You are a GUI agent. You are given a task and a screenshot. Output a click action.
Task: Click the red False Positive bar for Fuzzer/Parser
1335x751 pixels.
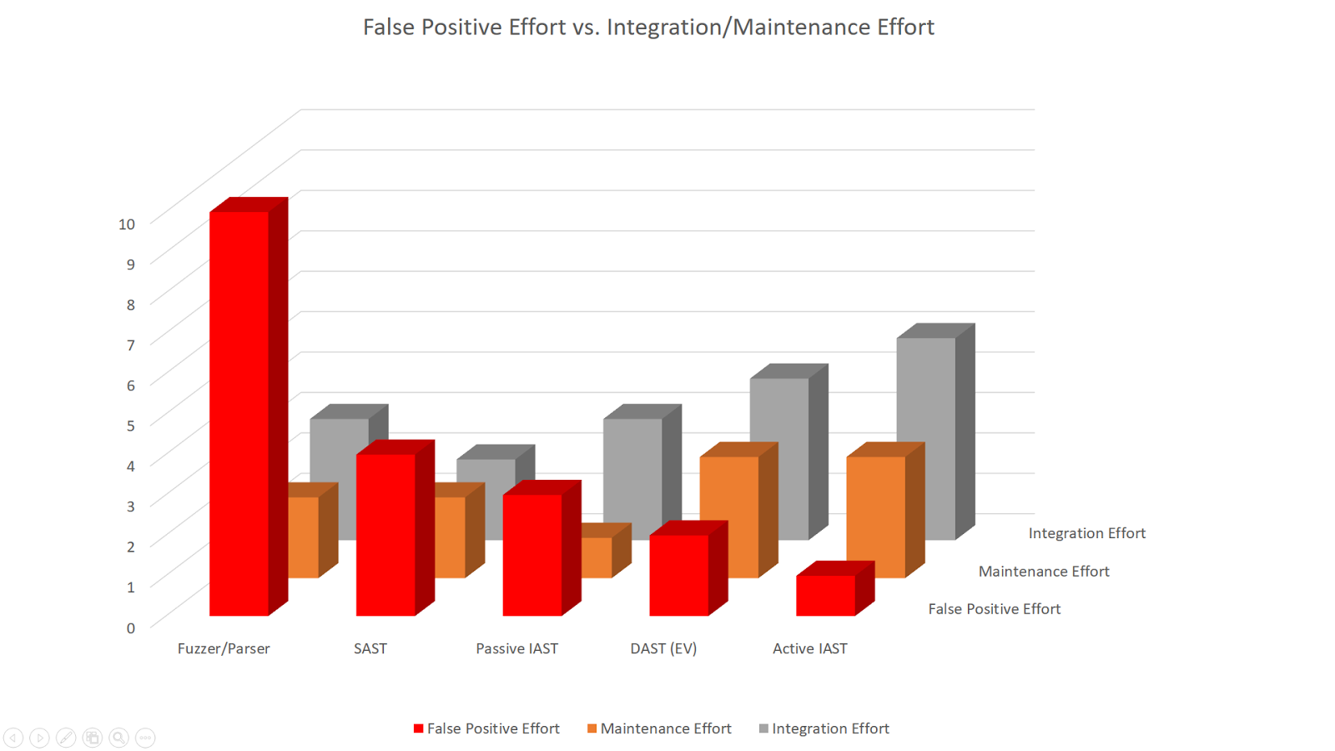click(x=239, y=413)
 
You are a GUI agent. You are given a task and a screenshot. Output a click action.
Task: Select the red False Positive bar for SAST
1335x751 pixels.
click(x=385, y=534)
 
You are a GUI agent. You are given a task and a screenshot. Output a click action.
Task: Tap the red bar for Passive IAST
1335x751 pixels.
click(x=532, y=555)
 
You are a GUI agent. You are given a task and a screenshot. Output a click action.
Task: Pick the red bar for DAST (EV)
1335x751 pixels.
click(x=679, y=575)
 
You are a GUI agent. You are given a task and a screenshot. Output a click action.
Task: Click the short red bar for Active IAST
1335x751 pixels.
click(x=826, y=595)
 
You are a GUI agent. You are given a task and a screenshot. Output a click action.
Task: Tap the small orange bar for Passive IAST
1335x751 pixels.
click(x=597, y=557)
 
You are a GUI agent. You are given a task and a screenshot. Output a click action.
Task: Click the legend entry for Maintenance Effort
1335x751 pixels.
click(x=659, y=728)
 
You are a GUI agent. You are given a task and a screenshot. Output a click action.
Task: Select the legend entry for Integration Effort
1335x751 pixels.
click(x=824, y=728)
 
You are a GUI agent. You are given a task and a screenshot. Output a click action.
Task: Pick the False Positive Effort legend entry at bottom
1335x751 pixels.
click(x=486, y=728)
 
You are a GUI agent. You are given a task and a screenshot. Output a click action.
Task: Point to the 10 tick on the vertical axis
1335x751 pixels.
click(x=127, y=224)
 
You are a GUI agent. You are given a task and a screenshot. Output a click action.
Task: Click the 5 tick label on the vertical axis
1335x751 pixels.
click(x=130, y=426)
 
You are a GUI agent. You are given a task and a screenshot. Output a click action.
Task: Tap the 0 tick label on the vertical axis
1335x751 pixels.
click(x=130, y=628)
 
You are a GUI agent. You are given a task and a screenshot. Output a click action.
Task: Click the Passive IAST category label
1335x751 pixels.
click(x=516, y=648)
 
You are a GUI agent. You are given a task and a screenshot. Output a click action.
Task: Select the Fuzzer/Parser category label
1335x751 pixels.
click(x=224, y=648)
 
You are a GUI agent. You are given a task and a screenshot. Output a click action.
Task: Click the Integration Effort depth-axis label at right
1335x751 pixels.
click(x=1086, y=533)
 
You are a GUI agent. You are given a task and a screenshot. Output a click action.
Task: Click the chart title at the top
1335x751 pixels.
click(x=648, y=27)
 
